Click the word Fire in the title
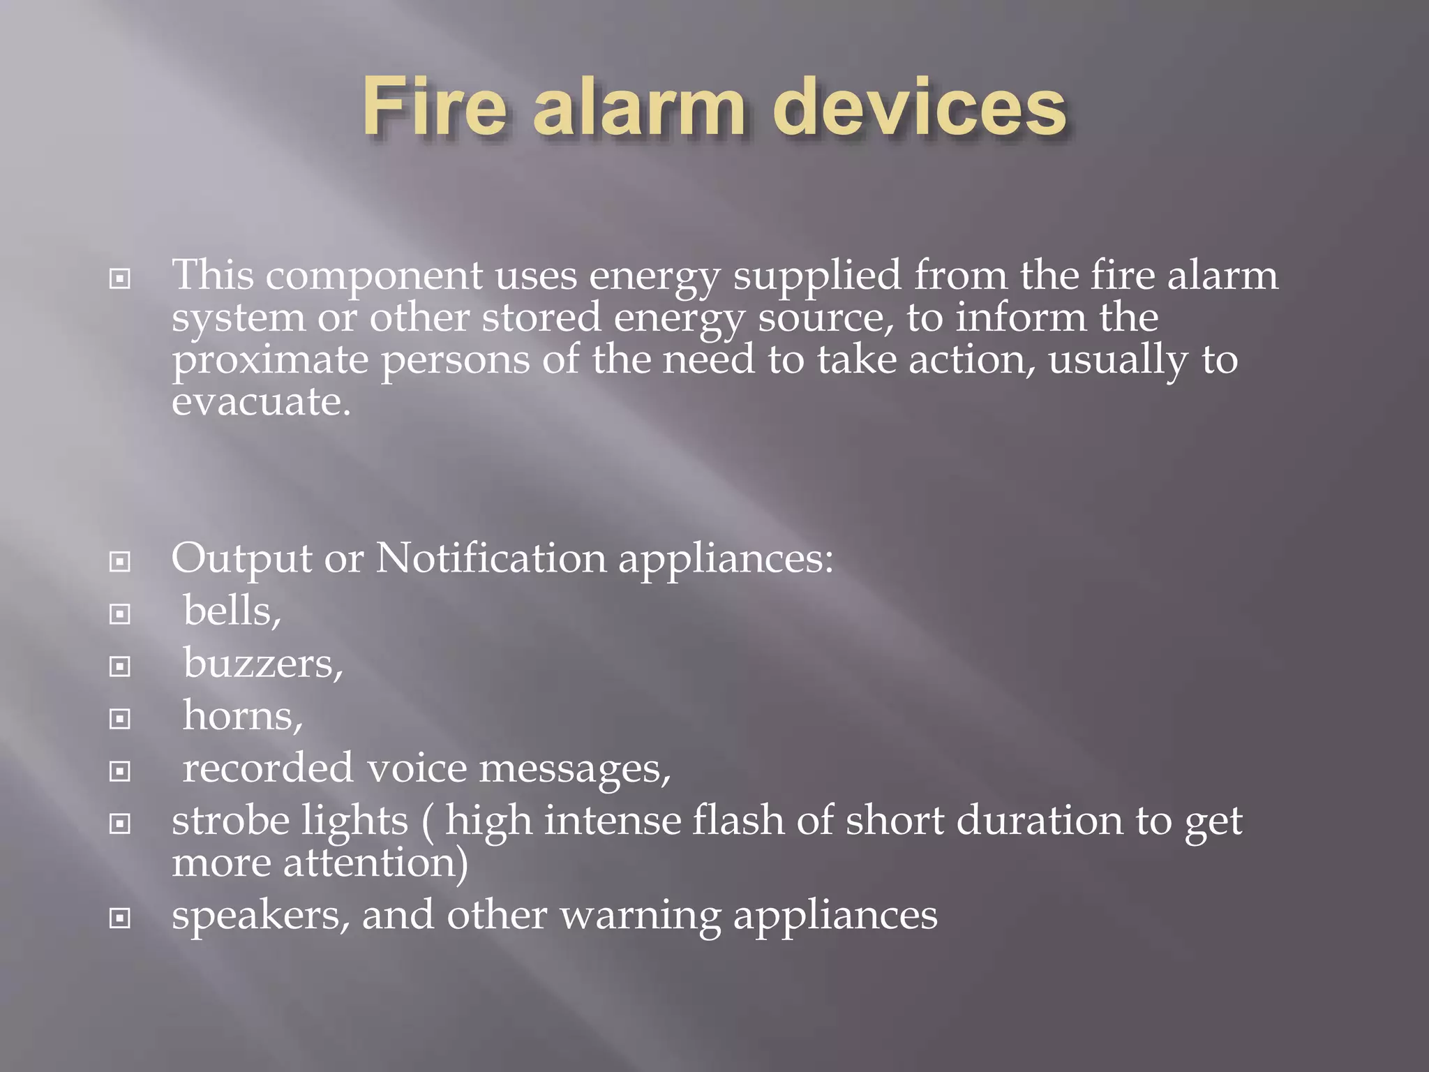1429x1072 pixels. click(x=433, y=109)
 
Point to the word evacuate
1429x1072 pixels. click(x=261, y=403)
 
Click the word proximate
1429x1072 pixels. click(x=270, y=362)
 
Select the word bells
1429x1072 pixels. click(x=232, y=611)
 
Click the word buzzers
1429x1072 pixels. click(x=263, y=664)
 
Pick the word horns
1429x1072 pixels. click(x=242, y=717)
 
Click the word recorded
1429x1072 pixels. click(x=268, y=769)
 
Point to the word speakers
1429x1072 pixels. click(x=260, y=916)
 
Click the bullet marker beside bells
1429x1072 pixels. click(x=120, y=614)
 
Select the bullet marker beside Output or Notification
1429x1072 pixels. click(x=120, y=562)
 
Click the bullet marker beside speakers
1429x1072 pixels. click(x=120, y=918)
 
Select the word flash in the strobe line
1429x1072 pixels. click(x=738, y=821)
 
